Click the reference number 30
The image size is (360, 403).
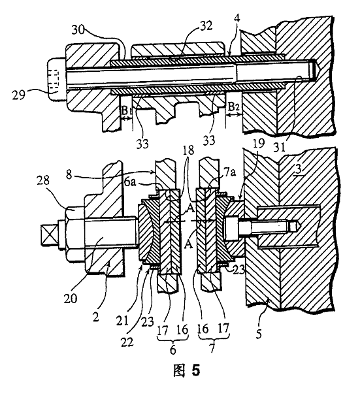pyautogui.click(x=78, y=30)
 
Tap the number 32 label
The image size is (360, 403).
pyautogui.click(x=206, y=26)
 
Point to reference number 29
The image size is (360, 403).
pyautogui.click(x=19, y=95)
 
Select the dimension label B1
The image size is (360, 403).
pyautogui.click(x=125, y=111)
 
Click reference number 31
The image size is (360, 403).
pyautogui.click(x=279, y=147)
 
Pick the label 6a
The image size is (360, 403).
pyautogui.click(x=130, y=182)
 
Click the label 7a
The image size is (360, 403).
pyautogui.click(x=230, y=172)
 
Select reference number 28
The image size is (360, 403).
pyautogui.click(x=43, y=180)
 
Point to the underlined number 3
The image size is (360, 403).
pyautogui.click(x=299, y=170)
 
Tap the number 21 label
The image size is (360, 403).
pyautogui.click(x=122, y=321)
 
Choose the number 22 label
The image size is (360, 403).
pyautogui.click(x=127, y=342)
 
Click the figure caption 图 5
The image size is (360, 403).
pyautogui.click(x=187, y=370)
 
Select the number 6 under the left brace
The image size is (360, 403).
pyautogui.click(x=173, y=350)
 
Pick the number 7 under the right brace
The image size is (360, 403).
pyautogui.click(x=212, y=349)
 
